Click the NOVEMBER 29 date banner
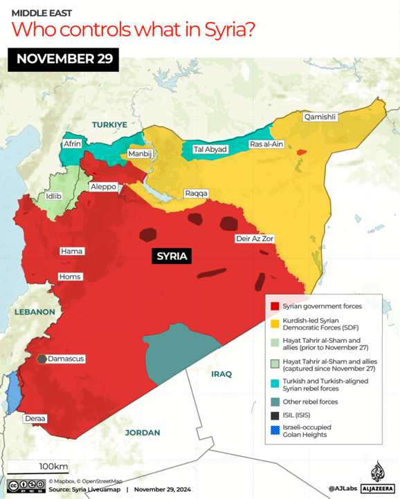pos(64,58)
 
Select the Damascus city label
pos(66,359)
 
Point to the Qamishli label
pos(320,117)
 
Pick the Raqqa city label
pos(196,194)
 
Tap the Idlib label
pos(53,196)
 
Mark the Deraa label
pos(36,419)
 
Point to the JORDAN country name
pos(143,433)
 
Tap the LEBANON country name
pos(33,312)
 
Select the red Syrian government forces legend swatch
pos(275,306)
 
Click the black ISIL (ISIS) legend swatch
pos(275,416)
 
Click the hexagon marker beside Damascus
pos(42,359)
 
